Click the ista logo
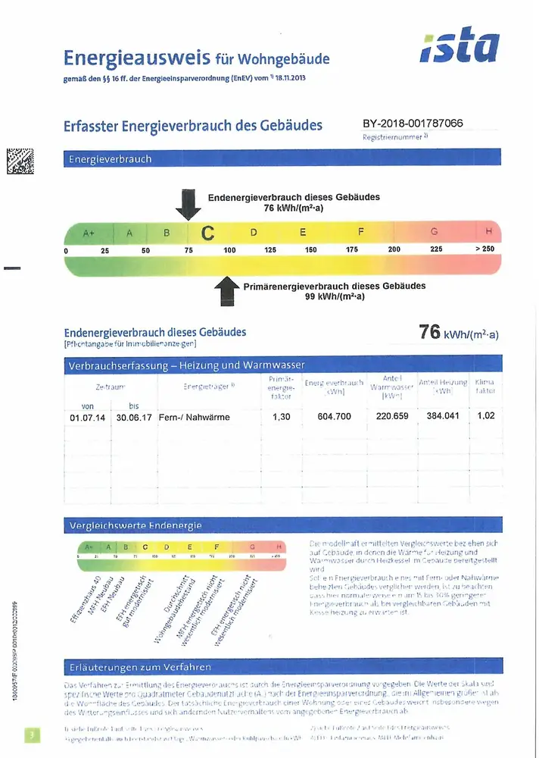(x=460, y=49)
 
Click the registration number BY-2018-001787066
(x=413, y=124)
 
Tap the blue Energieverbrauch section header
(x=282, y=159)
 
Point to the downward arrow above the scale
(x=188, y=203)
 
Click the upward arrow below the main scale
(x=226, y=291)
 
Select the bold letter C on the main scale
(x=207, y=232)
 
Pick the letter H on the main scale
(x=489, y=231)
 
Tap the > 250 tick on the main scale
(x=484, y=249)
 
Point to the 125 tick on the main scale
(x=269, y=249)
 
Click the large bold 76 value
(x=430, y=332)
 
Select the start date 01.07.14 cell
(x=89, y=417)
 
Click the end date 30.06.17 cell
(x=134, y=417)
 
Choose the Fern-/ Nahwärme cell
(x=194, y=417)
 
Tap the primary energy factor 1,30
(x=281, y=417)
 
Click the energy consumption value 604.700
(x=334, y=417)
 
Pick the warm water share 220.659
(x=392, y=417)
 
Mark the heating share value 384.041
(x=443, y=417)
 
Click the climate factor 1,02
(x=484, y=417)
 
